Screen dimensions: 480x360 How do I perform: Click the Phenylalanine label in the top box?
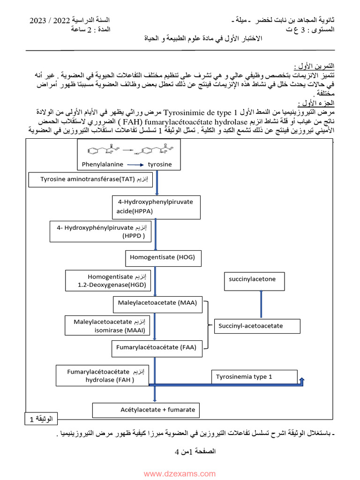102,165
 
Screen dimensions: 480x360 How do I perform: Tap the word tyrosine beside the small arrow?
160,165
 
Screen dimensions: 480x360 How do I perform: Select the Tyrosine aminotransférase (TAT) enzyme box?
91,180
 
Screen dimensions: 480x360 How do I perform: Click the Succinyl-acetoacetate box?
257,326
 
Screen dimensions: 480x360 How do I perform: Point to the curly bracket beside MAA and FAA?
208,325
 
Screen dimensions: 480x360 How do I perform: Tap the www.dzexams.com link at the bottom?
180,474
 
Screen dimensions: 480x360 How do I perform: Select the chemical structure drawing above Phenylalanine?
127,150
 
